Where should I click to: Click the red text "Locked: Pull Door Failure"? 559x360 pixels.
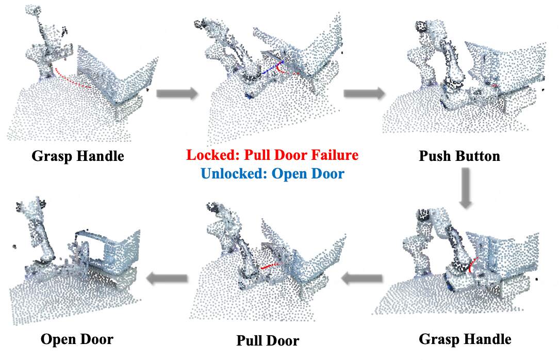(x=272, y=155)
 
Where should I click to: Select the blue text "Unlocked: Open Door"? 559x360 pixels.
(x=272, y=173)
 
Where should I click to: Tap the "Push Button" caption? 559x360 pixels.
(x=459, y=155)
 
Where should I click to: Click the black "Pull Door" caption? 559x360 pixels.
(x=268, y=341)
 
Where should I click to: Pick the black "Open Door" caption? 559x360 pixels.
(x=77, y=339)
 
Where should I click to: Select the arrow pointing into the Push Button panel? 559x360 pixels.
(x=364, y=93)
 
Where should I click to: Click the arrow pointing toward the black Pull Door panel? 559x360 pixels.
(x=361, y=279)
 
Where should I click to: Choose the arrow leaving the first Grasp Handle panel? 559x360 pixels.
(x=177, y=93)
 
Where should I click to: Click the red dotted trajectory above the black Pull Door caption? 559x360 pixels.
(x=271, y=267)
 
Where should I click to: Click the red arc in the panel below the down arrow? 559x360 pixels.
(x=474, y=265)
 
